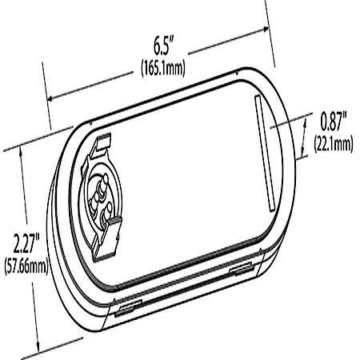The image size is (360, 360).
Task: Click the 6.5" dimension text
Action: tap(164, 46)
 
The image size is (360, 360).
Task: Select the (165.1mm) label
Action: tap(163, 68)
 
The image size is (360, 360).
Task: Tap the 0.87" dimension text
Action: tap(334, 122)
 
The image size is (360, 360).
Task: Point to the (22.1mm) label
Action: tap(334, 143)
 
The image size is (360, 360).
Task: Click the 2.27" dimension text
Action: tap(26, 243)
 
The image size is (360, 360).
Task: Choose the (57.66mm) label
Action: tap(26, 266)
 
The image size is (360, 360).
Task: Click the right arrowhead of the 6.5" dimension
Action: tap(265, 29)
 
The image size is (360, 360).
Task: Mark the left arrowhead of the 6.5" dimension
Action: tap(51, 98)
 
